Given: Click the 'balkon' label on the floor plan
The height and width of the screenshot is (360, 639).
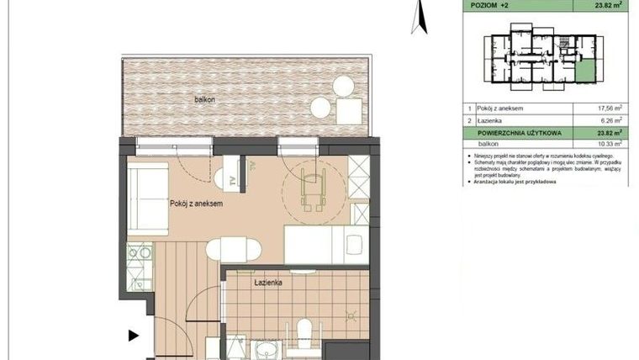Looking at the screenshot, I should click(x=205, y=99).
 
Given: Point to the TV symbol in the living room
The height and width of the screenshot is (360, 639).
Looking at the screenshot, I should click(x=227, y=179).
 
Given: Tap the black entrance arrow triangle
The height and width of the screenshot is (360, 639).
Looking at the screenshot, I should click(x=133, y=336).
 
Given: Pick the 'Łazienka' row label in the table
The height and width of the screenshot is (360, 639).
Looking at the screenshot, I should click(x=492, y=120).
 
